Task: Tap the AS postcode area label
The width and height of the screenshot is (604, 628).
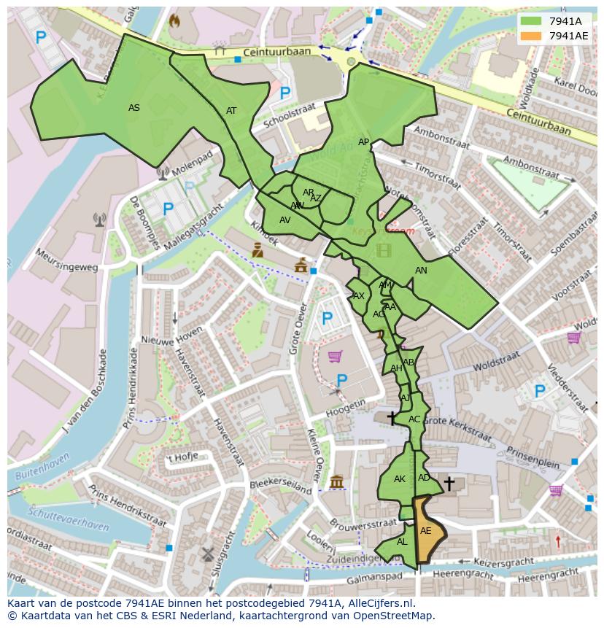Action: coord(134,108)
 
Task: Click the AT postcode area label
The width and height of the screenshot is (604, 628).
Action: coord(231,111)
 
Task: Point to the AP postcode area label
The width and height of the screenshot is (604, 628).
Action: coord(363,142)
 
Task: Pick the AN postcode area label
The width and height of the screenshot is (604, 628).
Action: coord(421,271)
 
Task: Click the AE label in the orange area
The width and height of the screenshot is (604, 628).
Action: coord(426,531)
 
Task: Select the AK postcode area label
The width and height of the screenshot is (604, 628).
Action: coord(399,479)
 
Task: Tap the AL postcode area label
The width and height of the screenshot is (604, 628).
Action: coord(402,542)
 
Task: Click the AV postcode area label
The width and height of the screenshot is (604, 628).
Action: coord(285,220)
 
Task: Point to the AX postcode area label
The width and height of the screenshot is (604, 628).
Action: coord(358,296)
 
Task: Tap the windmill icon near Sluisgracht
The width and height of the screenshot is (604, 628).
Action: coord(206,554)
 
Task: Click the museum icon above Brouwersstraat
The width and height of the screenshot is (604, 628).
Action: coord(336,482)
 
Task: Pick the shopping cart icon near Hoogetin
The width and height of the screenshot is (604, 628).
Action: coord(335,356)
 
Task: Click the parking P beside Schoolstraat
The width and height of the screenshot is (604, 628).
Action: coord(285,93)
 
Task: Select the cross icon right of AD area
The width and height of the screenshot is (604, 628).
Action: coord(449,483)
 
